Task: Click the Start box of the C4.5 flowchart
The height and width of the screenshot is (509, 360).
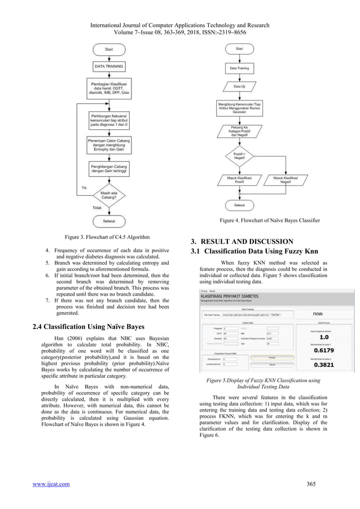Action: point(109,50)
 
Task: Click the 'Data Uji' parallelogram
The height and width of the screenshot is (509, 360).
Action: point(240,86)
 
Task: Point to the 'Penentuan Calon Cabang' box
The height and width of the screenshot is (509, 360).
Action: point(109,143)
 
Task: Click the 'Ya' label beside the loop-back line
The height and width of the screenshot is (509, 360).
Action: point(84,187)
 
